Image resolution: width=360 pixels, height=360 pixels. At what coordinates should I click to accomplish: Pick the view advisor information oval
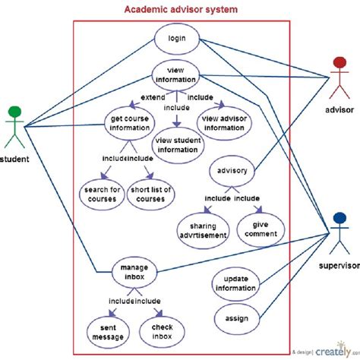[x=225, y=122]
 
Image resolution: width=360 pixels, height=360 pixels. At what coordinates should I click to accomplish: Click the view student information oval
[x=177, y=145]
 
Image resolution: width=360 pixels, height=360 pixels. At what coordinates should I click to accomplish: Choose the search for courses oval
[x=101, y=194]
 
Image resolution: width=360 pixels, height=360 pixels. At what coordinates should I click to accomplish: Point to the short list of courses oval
[x=151, y=194]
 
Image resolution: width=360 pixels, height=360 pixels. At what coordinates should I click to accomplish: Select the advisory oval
[x=232, y=171]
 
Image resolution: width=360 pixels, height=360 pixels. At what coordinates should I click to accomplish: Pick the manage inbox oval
[x=134, y=272]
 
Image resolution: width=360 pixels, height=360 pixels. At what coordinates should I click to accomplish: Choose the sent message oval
[x=102, y=329]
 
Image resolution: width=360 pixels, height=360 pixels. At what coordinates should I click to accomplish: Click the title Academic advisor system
[x=181, y=9]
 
